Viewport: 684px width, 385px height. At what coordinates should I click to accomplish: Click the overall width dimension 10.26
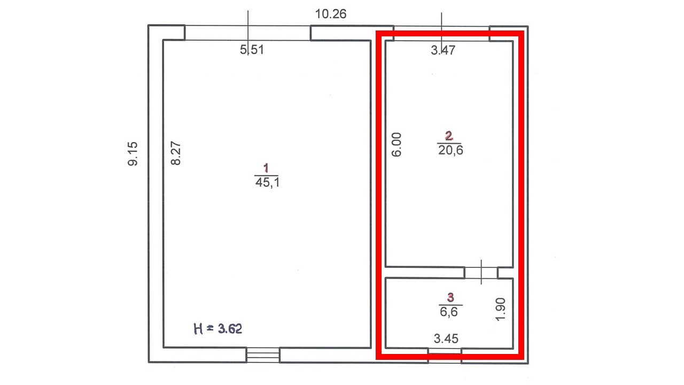tap(331, 14)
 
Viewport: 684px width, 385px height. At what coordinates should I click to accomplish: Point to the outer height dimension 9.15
tap(133, 153)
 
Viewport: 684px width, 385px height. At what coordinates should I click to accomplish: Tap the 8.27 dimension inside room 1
tap(176, 153)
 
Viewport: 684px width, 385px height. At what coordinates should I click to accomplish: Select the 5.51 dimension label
tap(252, 50)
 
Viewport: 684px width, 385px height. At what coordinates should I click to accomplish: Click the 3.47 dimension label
tap(443, 50)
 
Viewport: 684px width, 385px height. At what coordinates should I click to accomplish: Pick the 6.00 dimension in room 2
tap(397, 145)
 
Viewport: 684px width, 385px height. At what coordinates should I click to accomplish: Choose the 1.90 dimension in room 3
tap(500, 310)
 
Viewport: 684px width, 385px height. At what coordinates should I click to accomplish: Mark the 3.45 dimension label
tap(446, 338)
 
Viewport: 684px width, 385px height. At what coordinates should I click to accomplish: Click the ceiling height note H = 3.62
tap(218, 329)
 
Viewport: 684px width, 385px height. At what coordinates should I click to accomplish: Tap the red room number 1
tap(266, 168)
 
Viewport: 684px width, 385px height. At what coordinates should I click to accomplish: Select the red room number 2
tap(449, 136)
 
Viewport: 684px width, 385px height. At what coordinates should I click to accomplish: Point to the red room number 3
tap(450, 297)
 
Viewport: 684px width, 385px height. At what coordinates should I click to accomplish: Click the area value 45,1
tap(267, 183)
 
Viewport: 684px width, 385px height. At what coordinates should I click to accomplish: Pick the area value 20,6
tap(450, 150)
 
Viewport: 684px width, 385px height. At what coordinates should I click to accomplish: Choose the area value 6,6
tap(448, 312)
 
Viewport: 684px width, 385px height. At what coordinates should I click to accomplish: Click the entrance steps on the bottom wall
tap(263, 355)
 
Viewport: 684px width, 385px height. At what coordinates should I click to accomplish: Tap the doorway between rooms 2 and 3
tap(481, 273)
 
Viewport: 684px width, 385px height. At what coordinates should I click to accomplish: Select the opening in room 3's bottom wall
tap(445, 356)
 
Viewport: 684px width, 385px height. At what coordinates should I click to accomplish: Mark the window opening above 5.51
tap(247, 33)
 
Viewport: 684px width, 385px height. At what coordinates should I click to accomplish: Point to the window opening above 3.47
tap(441, 34)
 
